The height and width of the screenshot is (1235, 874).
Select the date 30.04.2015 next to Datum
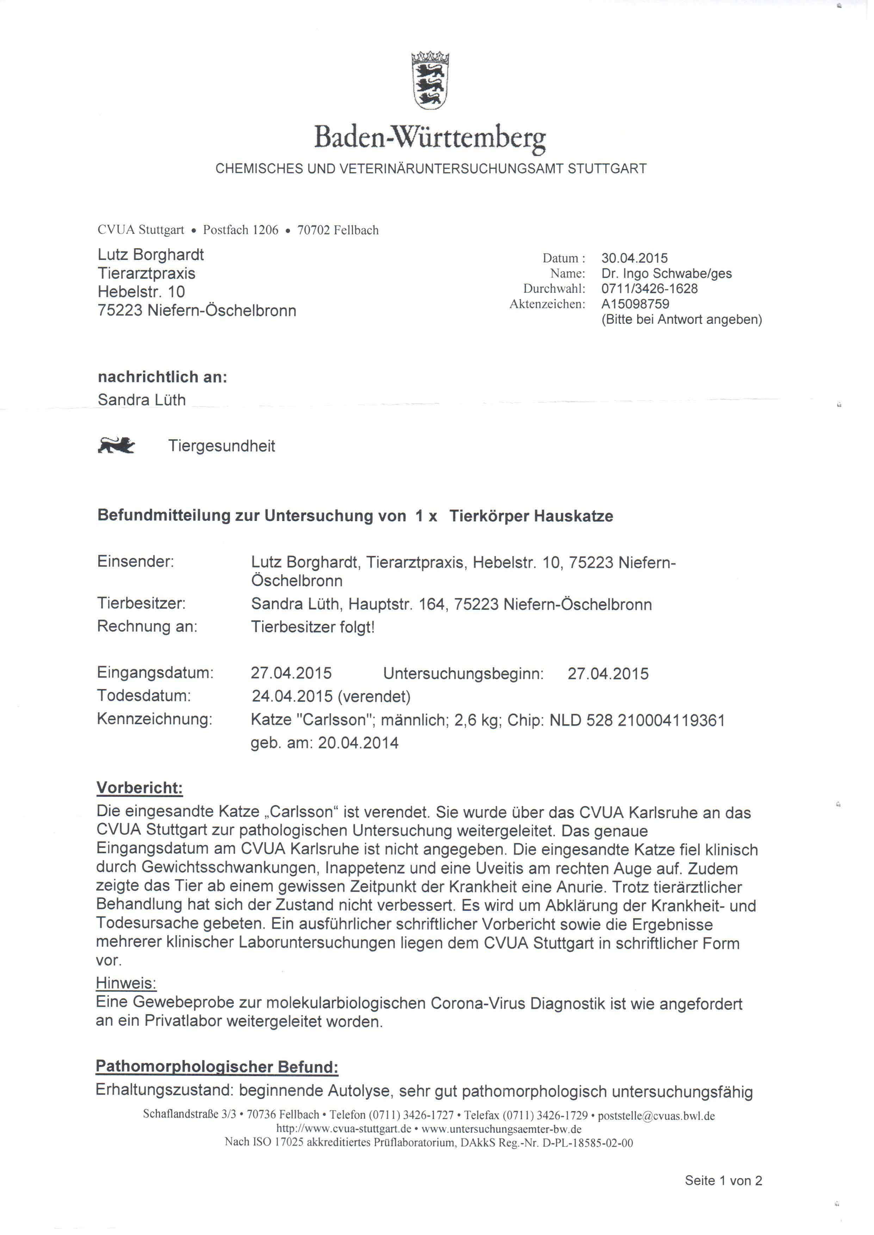(x=634, y=258)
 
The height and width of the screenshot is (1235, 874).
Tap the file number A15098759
(x=635, y=304)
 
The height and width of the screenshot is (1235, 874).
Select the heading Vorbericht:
(x=140, y=788)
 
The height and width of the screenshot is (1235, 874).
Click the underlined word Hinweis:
(x=126, y=984)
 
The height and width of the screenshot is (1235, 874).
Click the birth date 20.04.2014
(x=358, y=743)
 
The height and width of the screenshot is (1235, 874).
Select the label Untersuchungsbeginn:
(x=463, y=674)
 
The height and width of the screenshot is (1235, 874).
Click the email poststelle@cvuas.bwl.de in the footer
(x=656, y=1116)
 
